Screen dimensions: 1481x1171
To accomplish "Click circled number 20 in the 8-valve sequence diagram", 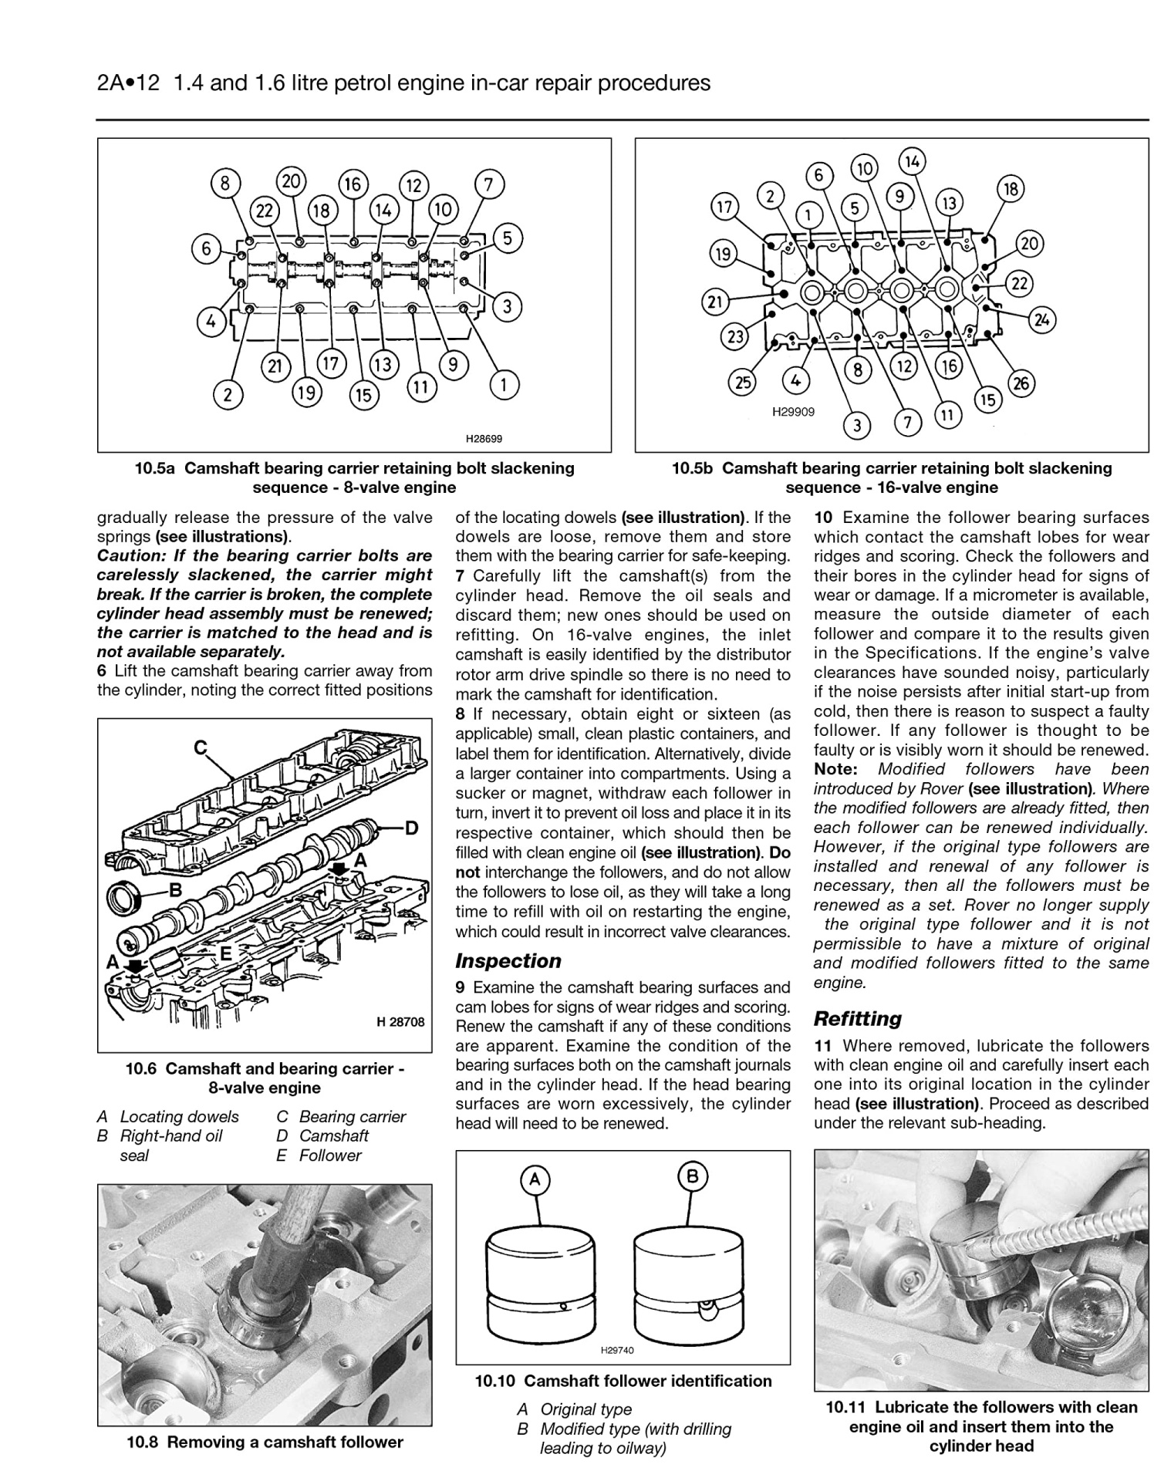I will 291,181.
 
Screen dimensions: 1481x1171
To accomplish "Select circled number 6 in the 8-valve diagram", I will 206,248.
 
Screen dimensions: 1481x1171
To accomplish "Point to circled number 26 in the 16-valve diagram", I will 1021,383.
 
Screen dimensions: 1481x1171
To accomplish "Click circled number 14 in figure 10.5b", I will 912,161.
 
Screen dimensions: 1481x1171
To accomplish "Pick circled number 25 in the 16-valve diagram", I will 742,383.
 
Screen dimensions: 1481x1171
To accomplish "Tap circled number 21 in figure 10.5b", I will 715,301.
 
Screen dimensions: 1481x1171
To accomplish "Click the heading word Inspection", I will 508,960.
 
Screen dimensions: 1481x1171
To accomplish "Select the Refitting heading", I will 857,1018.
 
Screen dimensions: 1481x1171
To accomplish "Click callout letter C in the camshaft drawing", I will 200,747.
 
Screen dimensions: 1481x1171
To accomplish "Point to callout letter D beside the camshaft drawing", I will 411,828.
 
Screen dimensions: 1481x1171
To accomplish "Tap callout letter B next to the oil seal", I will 175,890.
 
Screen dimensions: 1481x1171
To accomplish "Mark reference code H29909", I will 793,412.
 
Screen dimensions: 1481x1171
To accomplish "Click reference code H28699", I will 484,438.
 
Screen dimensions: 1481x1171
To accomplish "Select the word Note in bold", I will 835,769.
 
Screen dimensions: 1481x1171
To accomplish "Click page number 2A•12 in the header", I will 128,83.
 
